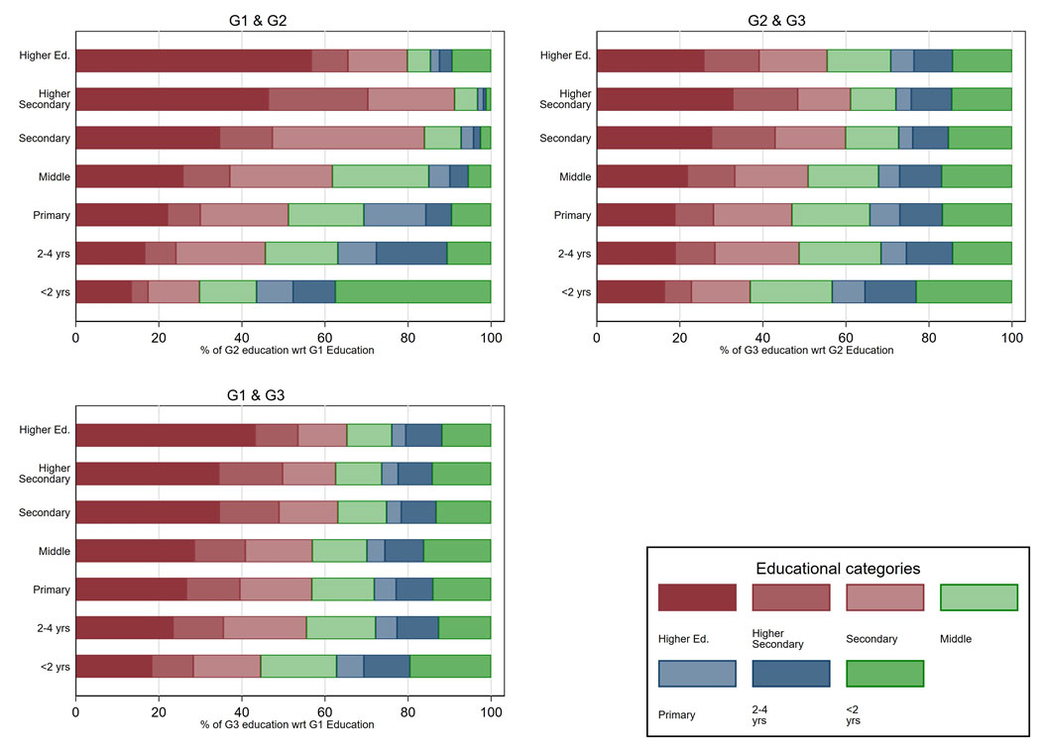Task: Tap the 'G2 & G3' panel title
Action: pos(804,20)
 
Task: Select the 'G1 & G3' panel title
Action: pos(284,394)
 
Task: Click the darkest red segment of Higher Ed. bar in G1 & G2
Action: pos(193,60)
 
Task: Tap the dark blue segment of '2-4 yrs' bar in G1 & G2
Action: pos(411,253)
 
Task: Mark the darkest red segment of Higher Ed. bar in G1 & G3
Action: pos(166,435)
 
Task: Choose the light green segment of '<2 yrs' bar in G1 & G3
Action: pos(298,666)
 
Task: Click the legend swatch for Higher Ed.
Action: pos(697,597)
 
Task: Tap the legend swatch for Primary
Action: pos(697,674)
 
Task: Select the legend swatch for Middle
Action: pos(979,597)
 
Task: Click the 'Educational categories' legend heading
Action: pos(838,569)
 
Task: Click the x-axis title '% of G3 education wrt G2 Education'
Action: pos(804,351)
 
